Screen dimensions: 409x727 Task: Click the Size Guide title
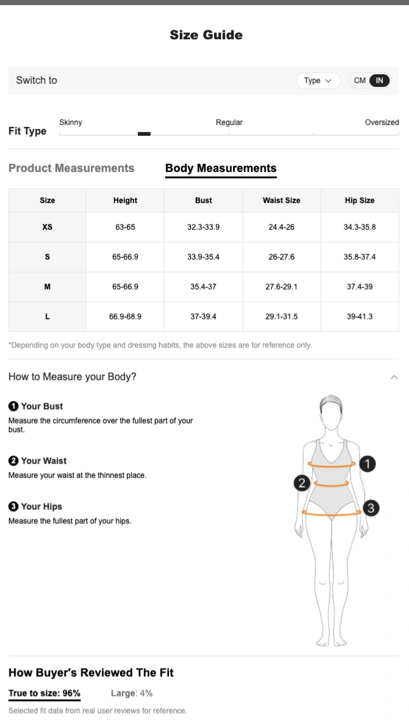coord(206,35)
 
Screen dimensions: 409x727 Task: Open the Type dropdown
coord(318,80)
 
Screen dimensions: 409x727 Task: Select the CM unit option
coord(360,80)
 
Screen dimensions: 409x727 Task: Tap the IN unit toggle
coord(379,80)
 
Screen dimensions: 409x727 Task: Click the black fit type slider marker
coord(144,134)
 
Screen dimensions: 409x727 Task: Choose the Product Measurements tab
coord(71,168)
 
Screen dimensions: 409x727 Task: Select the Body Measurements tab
coord(221,168)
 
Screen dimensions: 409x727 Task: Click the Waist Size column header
coord(281,200)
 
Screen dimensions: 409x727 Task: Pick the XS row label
coord(47,227)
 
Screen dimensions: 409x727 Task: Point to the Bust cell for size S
coord(204,257)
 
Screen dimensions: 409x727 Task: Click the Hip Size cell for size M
coord(360,286)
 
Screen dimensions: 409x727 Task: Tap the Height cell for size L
coord(125,317)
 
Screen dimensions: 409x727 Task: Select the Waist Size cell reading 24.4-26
coord(281,227)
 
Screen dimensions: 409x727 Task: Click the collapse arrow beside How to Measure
coord(394,377)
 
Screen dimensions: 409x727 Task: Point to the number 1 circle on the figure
coord(368,464)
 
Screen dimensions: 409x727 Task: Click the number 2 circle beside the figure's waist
coord(302,483)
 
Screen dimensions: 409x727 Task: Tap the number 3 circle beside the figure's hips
coord(371,508)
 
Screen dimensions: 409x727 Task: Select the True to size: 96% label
coord(44,693)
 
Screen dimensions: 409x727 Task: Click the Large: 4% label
coord(131,693)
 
